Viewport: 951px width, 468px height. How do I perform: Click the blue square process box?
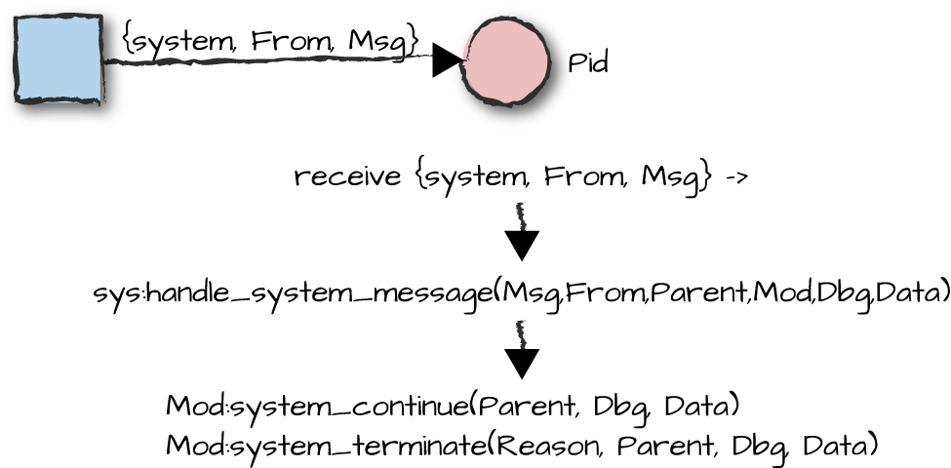click(59, 59)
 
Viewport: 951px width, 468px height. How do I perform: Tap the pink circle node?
click(506, 60)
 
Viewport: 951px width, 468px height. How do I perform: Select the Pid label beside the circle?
click(587, 64)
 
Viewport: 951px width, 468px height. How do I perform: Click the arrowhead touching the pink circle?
click(448, 60)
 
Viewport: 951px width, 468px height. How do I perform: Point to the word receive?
click(347, 177)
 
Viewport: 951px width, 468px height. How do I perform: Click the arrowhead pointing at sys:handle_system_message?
click(522, 244)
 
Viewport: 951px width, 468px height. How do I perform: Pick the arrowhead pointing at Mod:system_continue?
click(522, 363)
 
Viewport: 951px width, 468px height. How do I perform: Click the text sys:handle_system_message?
click(293, 292)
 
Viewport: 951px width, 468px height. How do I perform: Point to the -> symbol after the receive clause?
click(736, 178)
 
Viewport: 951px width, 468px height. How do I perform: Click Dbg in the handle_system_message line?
click(844, 293)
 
